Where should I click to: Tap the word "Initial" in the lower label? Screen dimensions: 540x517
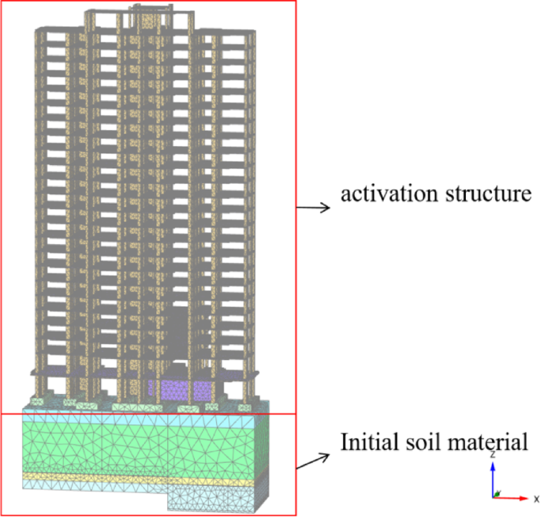(x=367, y=442)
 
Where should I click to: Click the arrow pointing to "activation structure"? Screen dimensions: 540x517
(x=312, y=208)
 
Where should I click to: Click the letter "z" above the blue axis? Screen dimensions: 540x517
(x=493, y=455)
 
